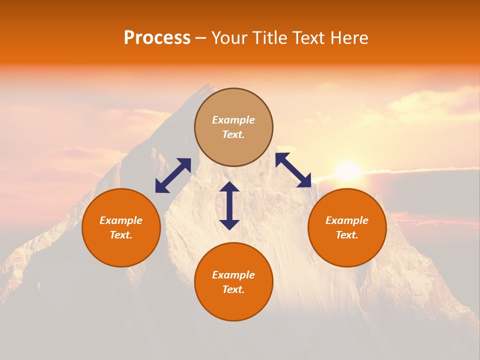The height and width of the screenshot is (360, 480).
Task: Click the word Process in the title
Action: coord(157,38)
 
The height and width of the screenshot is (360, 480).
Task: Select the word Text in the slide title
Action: coord(309,38)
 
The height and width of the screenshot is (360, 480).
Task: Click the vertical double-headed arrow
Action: coord(229,205)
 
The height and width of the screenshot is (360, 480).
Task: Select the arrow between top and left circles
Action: coord(173,175)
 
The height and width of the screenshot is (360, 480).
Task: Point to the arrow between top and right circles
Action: coord(293,170)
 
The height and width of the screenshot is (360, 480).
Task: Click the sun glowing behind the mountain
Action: coord(348,171)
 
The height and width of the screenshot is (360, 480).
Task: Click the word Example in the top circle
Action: coord(233,120)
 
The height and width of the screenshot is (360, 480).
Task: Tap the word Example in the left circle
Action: coord(121,220)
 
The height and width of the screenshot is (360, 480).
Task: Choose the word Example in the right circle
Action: coord(347,220)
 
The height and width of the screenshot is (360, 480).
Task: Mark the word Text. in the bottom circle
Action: coord(233,289)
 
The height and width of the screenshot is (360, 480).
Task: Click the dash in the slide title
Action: coord(200,38)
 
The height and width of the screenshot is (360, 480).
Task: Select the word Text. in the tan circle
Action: coord(233,134)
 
